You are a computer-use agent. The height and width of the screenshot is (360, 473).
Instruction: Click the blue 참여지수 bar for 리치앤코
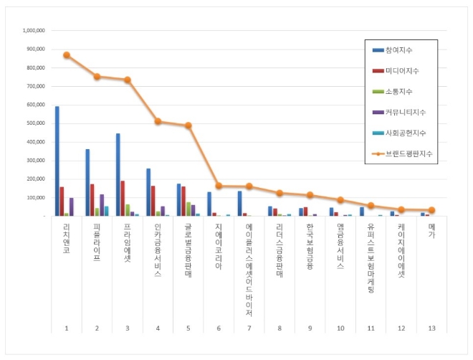[57, 161]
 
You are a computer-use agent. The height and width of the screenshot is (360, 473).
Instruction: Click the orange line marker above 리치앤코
[67, 55]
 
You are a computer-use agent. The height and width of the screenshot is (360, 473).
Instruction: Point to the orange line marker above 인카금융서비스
[158, 121]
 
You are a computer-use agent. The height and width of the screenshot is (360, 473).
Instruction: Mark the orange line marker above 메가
[431, 210]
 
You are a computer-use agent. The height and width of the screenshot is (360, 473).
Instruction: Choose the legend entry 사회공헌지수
[405, 133]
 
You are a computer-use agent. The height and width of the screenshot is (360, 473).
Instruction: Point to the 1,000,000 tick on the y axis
[34, 31]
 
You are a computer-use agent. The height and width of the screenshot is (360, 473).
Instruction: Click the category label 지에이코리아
[219, 247]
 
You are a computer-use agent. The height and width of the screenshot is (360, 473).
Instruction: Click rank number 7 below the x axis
[249, 328]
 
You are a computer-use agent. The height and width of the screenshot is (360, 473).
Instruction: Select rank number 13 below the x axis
[431, 328]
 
